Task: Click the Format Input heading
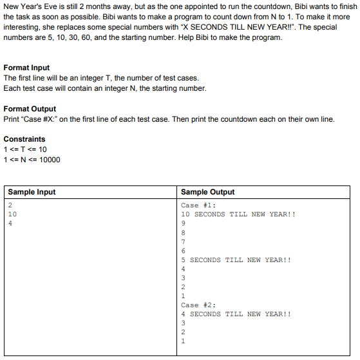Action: [x=26, y=68]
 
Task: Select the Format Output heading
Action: [x=30, y=109]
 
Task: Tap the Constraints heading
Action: [x=24, y=139]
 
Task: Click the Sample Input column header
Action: [x=32, y=192]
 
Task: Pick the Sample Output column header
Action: [x=208, y=192]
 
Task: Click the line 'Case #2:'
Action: [x=199, y=305]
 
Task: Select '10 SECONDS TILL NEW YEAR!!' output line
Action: [x=238, y=215]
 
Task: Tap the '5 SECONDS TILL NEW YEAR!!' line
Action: [x=236, y=260]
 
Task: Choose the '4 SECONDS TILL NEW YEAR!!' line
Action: [x=236, y=314]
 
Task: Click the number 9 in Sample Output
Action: [x=184, y=224]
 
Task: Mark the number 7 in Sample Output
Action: [x=184, y=242]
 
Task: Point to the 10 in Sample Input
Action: [x=13, y=215]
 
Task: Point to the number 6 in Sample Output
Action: [x=184, y=251]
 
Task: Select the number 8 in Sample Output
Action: [x=184, y=233]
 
